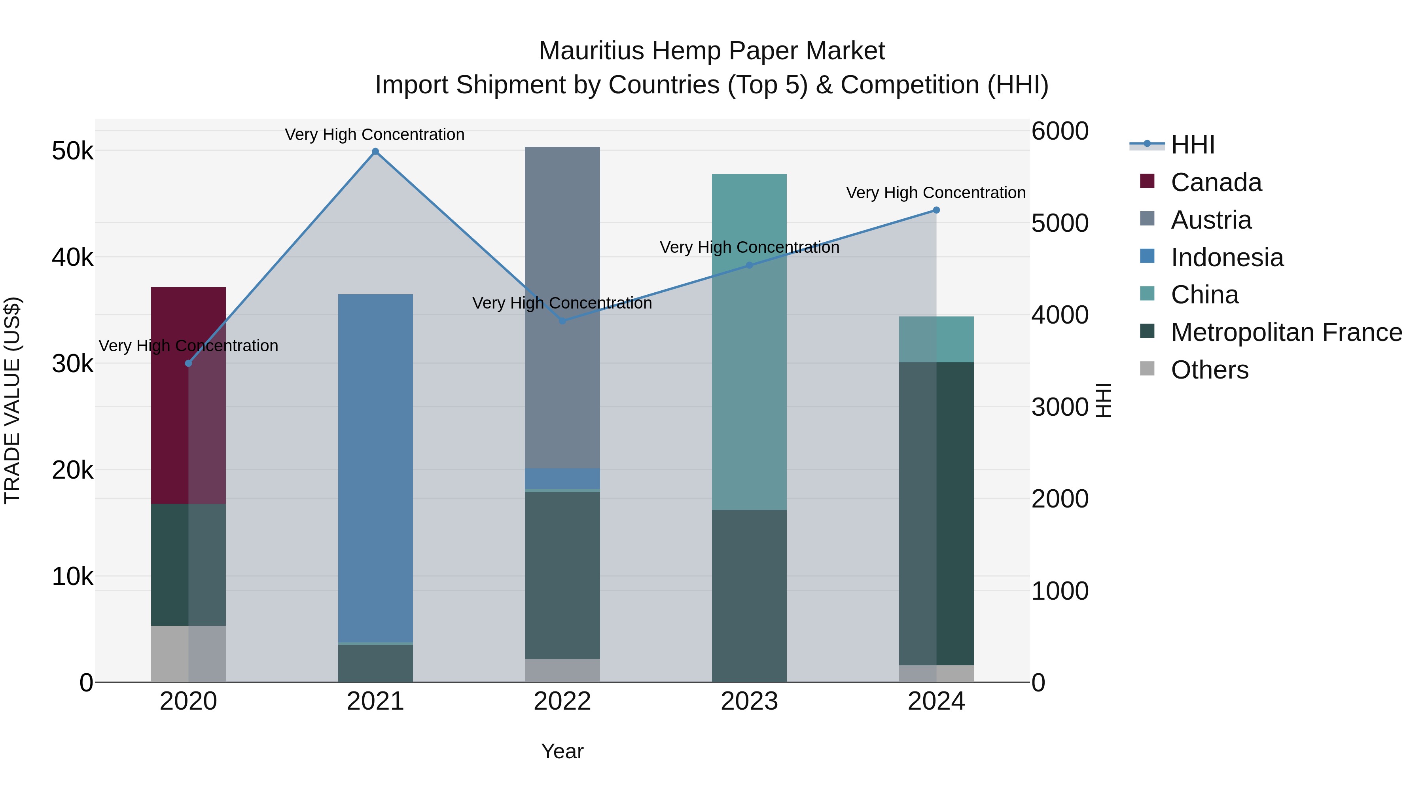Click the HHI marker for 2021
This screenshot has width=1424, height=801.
tap(375, 151)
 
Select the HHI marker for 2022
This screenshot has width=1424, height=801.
tap(562, 321)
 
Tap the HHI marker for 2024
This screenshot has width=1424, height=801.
tap(936, 210)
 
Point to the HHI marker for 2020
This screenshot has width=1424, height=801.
tap(189, 363)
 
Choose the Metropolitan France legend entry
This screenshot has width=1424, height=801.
tap(1286, 332)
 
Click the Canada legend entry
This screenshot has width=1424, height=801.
tap(1216, 182)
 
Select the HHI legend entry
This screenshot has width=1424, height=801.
tap(1192, 145)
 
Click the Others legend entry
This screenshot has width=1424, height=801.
tap(1210, 370)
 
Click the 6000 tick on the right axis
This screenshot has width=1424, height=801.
tap(1060, 132)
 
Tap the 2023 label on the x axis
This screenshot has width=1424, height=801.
tap(749, 701)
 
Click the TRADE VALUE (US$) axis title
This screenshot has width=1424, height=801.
tap(12, 400)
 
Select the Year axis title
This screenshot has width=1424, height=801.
tap(562, 751)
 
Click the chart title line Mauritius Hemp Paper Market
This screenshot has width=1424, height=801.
tap(712, 51)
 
